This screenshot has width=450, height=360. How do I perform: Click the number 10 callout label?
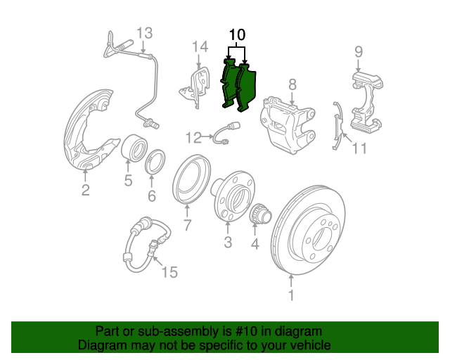tap(237, 34)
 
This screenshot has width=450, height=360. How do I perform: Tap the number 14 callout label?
tap(201, 47)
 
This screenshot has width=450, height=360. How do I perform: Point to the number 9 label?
tap(358, 51)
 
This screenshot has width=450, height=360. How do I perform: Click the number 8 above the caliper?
tap(292, 85)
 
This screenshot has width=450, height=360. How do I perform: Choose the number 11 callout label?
tap(359, 148)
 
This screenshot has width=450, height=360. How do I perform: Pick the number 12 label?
tap(193, 136)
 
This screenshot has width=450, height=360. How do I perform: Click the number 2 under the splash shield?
tap(85, 191)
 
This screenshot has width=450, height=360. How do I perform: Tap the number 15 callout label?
tap(170, 272)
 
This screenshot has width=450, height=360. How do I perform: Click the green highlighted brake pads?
tap(240, 86)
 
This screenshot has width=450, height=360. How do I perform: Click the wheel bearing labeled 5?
tap(134, 150)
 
